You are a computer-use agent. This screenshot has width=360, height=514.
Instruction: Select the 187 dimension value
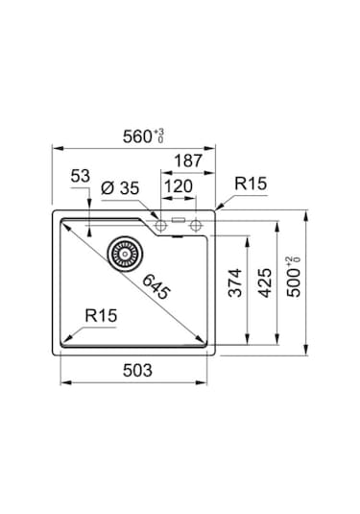coord(187,161)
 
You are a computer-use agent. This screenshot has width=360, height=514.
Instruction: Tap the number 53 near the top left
coord(80,176)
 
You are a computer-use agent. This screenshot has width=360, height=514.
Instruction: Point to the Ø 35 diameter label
coord(120,187)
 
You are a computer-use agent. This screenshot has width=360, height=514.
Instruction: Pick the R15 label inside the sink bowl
coord(101,314)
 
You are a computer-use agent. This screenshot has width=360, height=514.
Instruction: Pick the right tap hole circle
coord(197,226)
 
